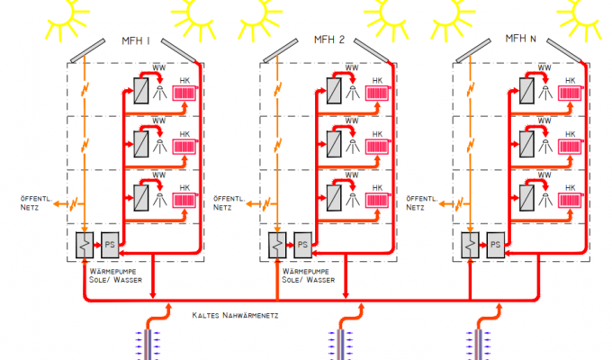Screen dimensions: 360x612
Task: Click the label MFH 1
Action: tap(135, 41)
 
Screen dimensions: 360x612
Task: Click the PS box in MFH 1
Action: tap(111, 244)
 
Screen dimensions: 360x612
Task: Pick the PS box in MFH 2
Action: tap(303, 244)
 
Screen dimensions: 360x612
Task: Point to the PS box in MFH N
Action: tap(496, 244)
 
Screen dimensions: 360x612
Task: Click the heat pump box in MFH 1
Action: tap(85, 244)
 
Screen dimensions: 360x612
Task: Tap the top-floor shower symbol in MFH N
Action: tap(544, 90)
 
